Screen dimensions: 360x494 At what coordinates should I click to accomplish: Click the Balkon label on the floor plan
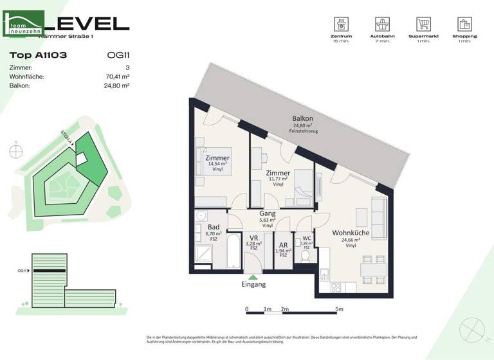[x=302, y=119]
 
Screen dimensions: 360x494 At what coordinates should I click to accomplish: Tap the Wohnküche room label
[x=351, y=233]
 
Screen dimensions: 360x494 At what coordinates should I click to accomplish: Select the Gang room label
[x=267, y=213]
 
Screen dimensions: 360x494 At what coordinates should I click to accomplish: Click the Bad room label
[x=213, y=227]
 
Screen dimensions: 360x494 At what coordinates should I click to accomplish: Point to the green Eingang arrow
[x=253, y=276]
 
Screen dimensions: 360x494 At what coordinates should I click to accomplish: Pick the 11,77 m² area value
[x=278, y=179]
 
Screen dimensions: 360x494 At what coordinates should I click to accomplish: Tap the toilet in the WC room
[x=305, y=256]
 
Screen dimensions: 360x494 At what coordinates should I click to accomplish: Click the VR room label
[x=254, y=238]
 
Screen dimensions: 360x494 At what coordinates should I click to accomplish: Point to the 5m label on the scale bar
[x=339, y=309]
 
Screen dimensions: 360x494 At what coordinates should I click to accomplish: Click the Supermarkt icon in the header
[x=423, y=26]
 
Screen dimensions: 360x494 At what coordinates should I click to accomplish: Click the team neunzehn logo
[x=24, y=24]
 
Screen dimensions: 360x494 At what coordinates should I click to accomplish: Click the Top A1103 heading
[x=39, y=55]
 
